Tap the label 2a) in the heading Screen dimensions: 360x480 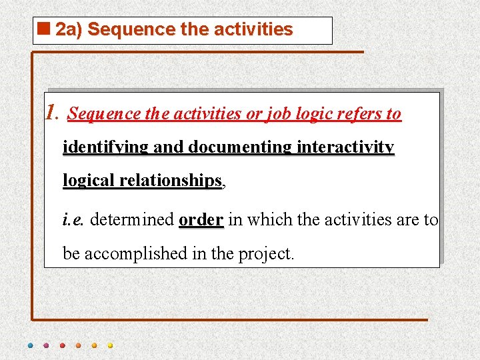69,30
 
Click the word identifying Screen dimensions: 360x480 105,147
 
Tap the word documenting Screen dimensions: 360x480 240,147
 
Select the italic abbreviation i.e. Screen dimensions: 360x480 73,219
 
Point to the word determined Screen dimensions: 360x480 132,219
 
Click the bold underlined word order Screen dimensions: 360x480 201,219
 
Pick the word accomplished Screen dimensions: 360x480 137,253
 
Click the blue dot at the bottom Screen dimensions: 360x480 31,346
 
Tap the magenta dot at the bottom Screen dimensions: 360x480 46,346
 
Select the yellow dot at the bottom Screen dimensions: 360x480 110,346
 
